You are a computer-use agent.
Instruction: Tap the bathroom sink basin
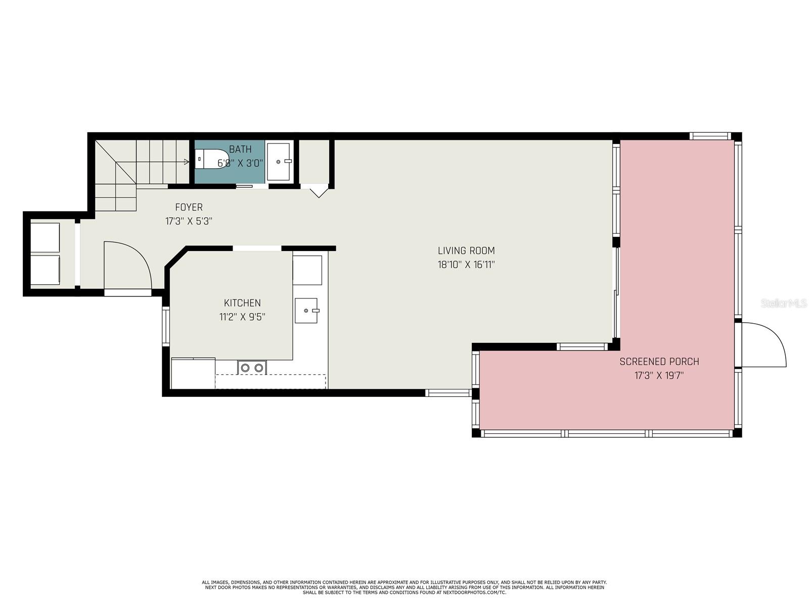coord(279,162)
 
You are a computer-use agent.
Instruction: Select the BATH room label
coord(240,149)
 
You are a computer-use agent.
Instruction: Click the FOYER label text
coord(189,207)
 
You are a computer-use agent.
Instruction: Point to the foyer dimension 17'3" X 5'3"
coord(189,221)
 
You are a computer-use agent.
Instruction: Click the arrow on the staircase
coord(186,162)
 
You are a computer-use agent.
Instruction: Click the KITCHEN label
coord(242,303)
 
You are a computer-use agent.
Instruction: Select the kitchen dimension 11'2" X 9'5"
coord(242,317)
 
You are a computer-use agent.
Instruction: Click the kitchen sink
coord(306,311)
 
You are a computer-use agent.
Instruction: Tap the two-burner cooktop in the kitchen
coord(252,368)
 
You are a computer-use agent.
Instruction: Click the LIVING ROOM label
coord(466,250)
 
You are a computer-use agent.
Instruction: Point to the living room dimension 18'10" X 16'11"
coord(466,265)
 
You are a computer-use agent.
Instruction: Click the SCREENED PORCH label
coord(659,362)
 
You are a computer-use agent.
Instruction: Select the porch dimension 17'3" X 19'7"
coord(659,376)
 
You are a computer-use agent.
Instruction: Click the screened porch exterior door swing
coord(762,345)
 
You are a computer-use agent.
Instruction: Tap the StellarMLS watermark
coord(783,304)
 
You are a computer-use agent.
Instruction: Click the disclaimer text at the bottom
coord(404,587)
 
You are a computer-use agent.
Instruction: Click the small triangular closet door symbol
coord(319,192)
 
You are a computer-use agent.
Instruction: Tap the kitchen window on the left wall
coord(165,326)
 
